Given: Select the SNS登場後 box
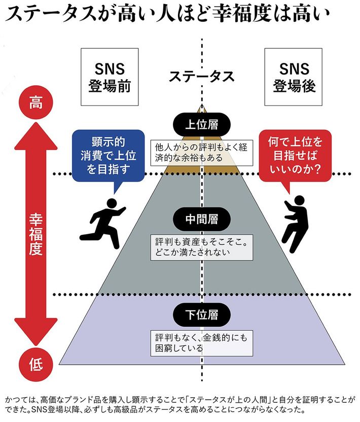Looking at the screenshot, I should point(295,77).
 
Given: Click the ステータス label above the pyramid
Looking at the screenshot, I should point(202,77).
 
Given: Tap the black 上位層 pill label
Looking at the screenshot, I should point(202,124).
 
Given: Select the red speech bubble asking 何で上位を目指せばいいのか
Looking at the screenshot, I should point(295,155).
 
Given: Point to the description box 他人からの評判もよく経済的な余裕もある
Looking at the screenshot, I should point(202,152).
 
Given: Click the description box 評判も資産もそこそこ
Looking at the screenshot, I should point(202,247).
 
